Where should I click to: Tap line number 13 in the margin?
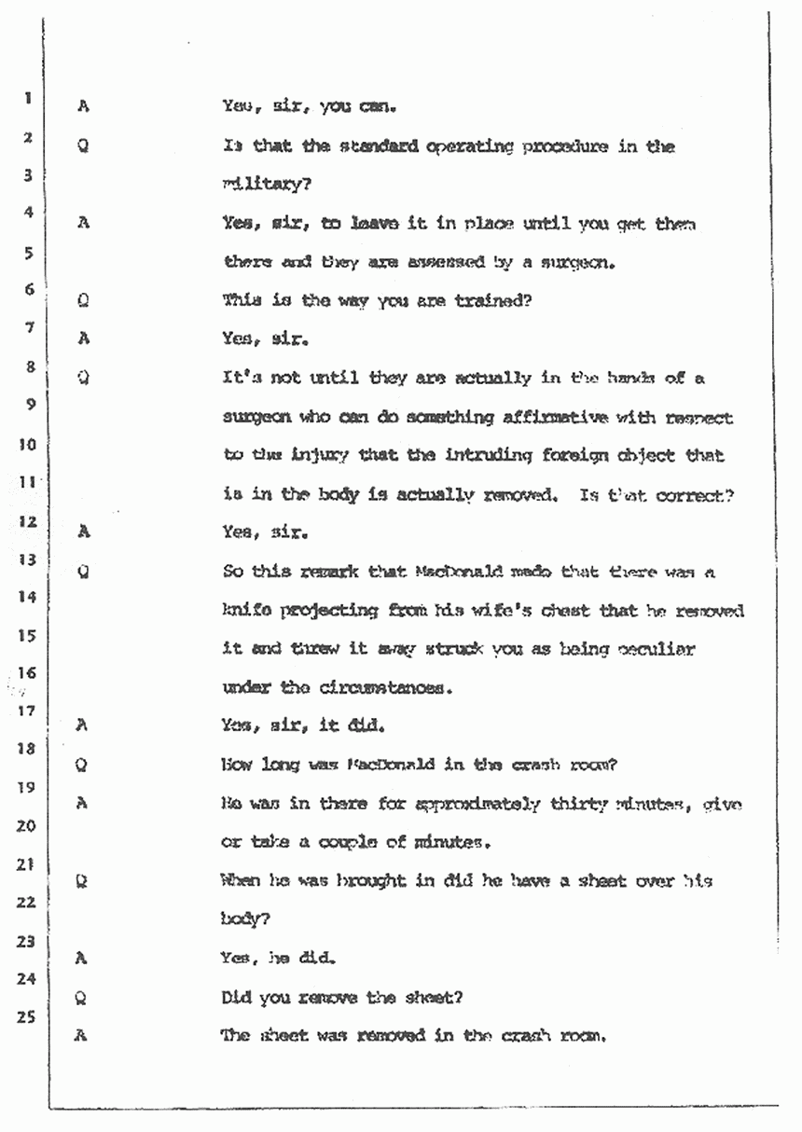tap(29, 559)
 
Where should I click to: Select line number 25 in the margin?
tap(29, 1018)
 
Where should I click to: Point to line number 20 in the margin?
tap(29, 826)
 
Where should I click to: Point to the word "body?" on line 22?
tap(245, 918)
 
